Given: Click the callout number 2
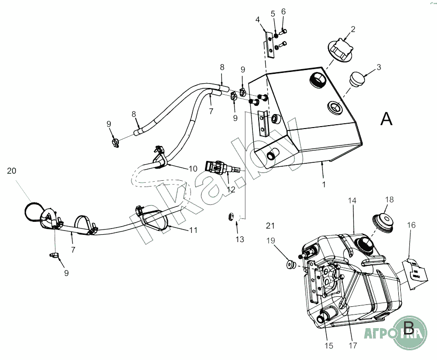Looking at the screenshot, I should pos(353,29).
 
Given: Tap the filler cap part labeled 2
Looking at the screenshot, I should pos(341,49).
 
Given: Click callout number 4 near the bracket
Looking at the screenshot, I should pos(258,19).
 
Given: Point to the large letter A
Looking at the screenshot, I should pos(386,118).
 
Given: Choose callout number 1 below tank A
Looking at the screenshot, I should pos(324,184).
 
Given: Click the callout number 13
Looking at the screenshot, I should pos(240,239).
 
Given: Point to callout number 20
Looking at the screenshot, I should pos(12,170).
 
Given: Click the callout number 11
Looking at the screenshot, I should pos(193,230).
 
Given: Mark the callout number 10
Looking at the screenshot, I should pos(193,169).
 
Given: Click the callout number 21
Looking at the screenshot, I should pos(270,226).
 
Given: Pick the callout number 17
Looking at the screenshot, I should pos(352,346).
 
